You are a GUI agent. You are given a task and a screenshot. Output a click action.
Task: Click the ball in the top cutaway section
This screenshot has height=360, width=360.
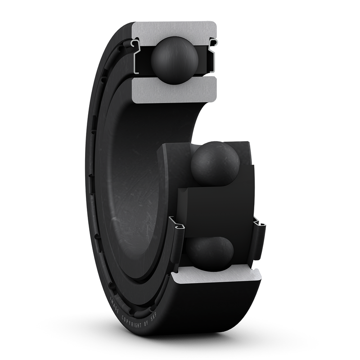[x=174, y=59]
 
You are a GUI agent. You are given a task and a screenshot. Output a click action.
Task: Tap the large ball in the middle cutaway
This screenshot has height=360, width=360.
[x=215, y=163]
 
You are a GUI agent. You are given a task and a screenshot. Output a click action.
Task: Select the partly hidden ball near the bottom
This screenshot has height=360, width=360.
[x=210, y=253]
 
